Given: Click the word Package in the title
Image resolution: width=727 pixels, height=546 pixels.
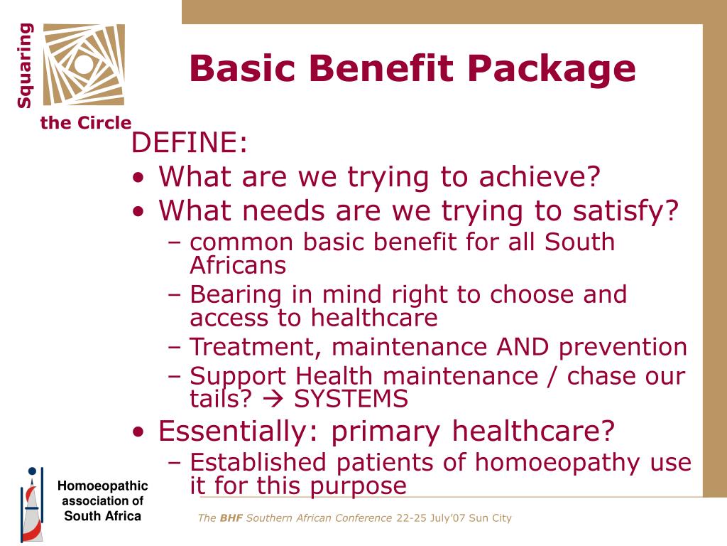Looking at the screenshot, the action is point(551,70).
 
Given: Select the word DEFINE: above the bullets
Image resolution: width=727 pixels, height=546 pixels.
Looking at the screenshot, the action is point(189,141).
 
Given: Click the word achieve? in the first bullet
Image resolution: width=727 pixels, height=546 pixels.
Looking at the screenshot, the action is point(540,176).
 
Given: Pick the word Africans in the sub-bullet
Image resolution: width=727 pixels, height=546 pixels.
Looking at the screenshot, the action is point(238,265).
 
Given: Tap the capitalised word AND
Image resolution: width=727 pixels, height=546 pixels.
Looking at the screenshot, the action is point(523,347).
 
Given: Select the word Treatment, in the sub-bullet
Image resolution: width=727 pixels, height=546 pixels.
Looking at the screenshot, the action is point(256,348).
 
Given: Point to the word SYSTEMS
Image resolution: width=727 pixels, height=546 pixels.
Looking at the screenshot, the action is point(351,399).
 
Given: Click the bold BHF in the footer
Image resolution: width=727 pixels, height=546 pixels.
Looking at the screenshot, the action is point(231,518).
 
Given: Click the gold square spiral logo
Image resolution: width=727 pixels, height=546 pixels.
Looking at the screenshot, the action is point(84,65).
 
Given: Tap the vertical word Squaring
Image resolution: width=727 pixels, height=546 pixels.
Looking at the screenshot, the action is point(25,66).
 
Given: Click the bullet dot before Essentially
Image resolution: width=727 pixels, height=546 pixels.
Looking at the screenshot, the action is point(138,432).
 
